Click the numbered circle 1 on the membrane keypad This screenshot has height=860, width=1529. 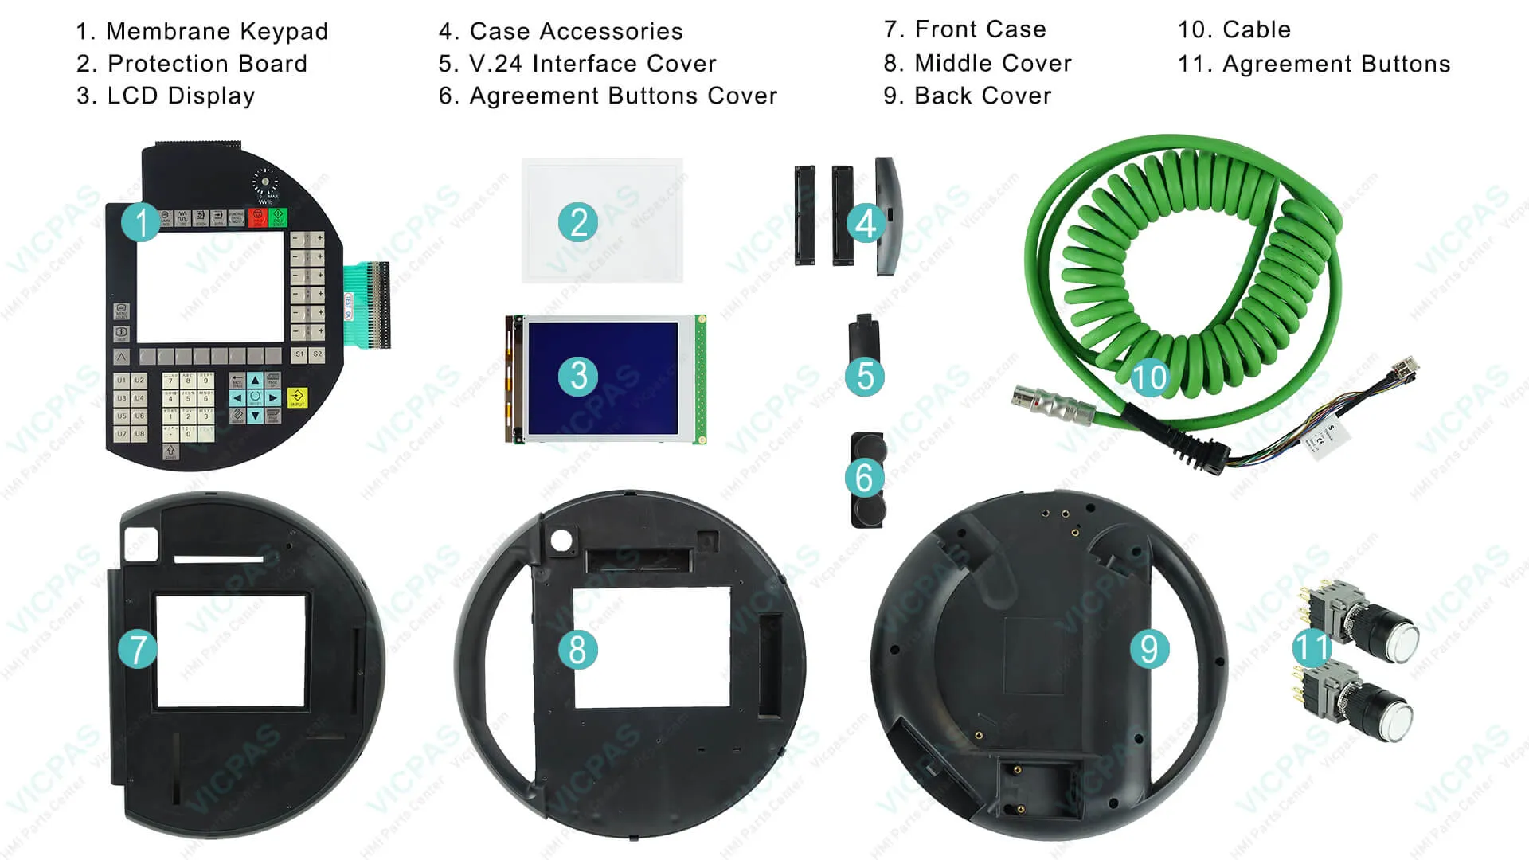pyautogui.click(x=141, y=222)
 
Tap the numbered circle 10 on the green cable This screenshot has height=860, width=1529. pyautogui.click(x=1149, y=377)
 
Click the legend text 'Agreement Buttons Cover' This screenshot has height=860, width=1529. pyautogui.click(x=623, y=96)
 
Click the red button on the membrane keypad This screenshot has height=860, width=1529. pyautogui.click(x=258, y=217)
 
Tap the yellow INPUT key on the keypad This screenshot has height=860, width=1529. pyautogui.click(x=297, y=397)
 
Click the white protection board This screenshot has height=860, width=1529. pyautogui.click(x=603, y=221)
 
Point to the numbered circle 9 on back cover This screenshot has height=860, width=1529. pyautogui.click(x=1149, y=649)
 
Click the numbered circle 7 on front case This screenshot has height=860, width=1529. pyautogui.click(x=138, y=649)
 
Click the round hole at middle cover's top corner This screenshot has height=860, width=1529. pyautogui.click(x=561, y=539)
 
